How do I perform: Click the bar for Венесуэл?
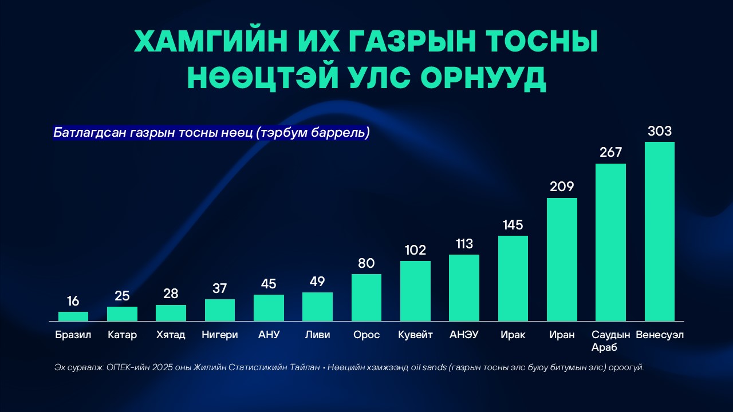tap(659, 231)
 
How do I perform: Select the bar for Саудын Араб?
tap(610, 242)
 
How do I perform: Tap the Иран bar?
tap(562, 259)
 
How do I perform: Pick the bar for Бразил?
tap(73, 316)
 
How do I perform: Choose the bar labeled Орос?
tap(366, 297)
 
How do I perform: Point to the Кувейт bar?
tap(415, 291)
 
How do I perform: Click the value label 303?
tap(659, 131)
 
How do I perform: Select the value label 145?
tap(513, 225)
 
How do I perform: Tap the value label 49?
tap(317, 282)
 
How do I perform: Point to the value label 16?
tap(73, 301)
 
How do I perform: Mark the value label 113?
tap(464, 244)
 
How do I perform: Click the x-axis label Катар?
tap(122, 335)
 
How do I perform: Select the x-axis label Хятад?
tap(171, 335)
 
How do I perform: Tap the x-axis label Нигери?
tap(219, 335)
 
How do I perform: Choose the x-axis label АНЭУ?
tap(464, 335)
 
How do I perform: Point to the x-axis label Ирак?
tap(513, 335)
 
